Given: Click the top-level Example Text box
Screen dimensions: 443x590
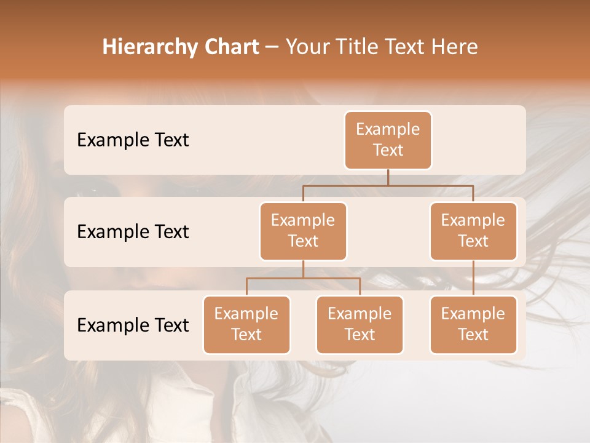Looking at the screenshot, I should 388,140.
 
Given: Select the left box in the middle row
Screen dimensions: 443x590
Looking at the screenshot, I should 303,231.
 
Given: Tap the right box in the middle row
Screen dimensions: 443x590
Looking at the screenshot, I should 473,231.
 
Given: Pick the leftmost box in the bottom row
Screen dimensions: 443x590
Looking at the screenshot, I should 246,324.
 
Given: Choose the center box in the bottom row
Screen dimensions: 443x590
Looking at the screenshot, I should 360,324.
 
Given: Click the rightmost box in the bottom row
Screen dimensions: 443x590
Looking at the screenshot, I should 473,324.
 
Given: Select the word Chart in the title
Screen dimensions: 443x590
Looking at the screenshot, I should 228,47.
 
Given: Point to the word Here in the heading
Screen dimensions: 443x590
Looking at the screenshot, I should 455,47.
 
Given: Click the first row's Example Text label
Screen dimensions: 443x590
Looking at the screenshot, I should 133,140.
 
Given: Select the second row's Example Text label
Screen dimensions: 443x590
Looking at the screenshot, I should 133,232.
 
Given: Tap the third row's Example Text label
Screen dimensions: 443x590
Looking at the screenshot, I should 133,325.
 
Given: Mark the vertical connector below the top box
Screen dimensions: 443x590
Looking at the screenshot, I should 388,177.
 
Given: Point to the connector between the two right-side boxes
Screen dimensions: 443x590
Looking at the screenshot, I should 473,278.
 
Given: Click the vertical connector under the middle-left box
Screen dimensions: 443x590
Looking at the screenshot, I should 303,269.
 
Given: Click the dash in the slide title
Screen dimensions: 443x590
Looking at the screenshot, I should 272,47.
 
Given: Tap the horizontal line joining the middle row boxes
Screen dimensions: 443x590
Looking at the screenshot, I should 388,185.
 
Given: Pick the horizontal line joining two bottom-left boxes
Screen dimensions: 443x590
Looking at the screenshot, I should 303,278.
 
